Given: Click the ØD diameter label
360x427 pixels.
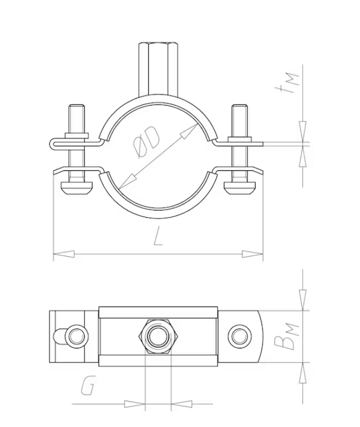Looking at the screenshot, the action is tap(147, 142).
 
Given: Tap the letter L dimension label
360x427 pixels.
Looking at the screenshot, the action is tap(158, 236).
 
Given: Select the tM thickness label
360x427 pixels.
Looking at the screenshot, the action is tap(287, 82).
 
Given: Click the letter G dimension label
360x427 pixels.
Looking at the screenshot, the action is tap(88, 385).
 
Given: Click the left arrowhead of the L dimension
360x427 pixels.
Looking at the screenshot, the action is tap(64, 254).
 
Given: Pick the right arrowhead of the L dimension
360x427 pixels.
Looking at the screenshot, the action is tap(253, 254).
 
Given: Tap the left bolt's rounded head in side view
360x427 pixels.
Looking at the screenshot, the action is tap(76, 188).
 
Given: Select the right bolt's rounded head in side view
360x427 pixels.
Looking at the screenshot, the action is tap(240, 188).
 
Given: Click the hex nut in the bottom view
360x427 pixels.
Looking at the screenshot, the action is tap(158, 336).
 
